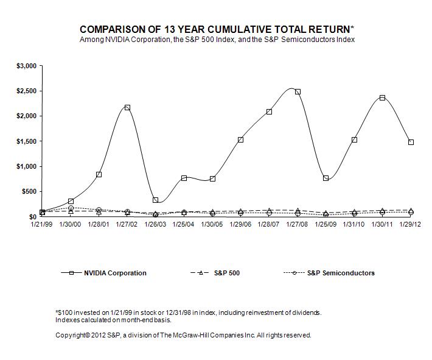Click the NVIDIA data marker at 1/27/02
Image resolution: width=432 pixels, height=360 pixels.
[x=127, y=108]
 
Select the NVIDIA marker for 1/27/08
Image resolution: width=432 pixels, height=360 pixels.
[x=298, y=92]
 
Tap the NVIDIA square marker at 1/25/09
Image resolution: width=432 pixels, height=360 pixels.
[x=326, y=178]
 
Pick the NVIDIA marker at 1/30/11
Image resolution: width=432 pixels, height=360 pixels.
[x=382, y=97]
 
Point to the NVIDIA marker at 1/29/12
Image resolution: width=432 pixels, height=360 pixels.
[x=411, y=142]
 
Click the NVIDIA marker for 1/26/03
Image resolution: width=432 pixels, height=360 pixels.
[x=156, y=200]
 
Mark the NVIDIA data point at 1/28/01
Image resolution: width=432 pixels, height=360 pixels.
[x=99, y=174]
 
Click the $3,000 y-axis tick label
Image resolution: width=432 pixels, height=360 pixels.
[x=27, y=65]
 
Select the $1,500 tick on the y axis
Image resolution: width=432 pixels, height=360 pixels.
[x=27, y=141]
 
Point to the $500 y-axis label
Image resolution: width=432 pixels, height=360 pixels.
[x=29, y=191]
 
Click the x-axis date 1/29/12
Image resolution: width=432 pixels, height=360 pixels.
[x=411, y=224]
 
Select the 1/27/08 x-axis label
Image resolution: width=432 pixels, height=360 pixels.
[x=298, y=224]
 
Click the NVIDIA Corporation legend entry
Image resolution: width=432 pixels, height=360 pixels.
[x=115, y=273]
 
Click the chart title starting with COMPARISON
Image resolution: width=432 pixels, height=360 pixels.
[x=217, y=29]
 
